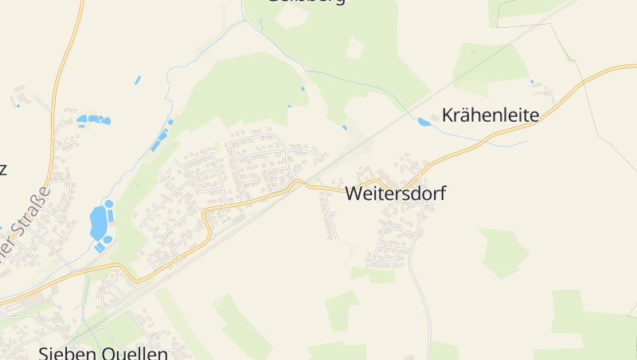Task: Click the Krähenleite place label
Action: point(490,115)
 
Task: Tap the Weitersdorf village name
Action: point(396,193)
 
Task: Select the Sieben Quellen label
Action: point(104,353)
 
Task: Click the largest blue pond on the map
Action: point(98,222)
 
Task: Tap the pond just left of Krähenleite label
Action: point(423,122)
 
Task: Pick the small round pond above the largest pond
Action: point(109,204)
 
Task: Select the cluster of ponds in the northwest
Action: point(93,120)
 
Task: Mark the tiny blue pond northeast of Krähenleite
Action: point(532,81)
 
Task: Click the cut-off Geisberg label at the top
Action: point(307,2)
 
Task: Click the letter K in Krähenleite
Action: point(447,115)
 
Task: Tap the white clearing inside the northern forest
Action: point(354,49)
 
